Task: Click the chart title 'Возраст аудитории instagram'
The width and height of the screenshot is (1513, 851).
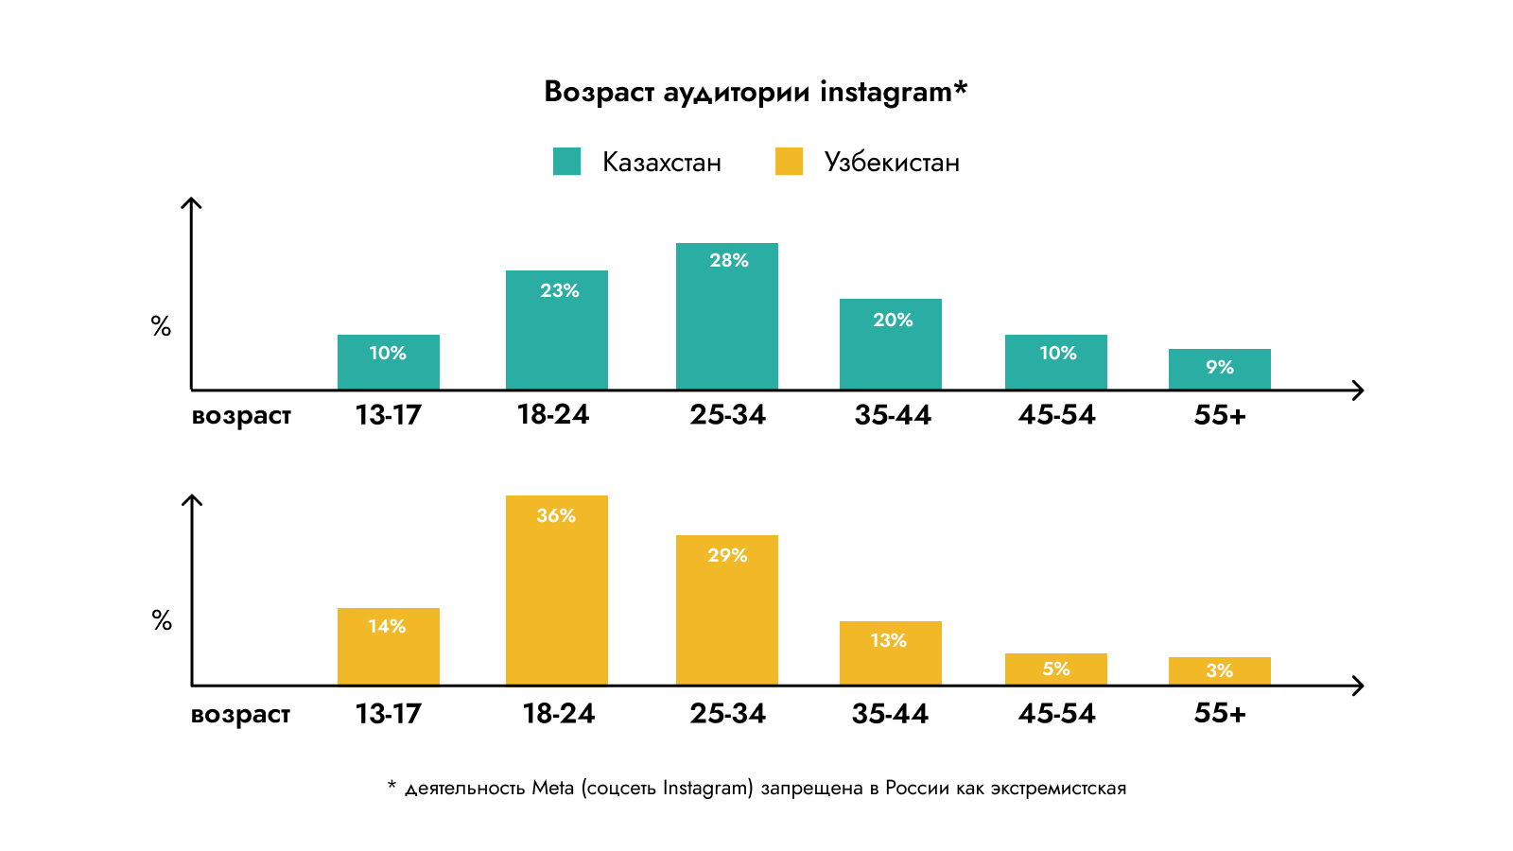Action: coord(756,92)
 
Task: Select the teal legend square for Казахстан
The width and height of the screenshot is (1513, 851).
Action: coord(566,162)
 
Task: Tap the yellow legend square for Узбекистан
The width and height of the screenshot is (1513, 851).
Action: coord(789,162)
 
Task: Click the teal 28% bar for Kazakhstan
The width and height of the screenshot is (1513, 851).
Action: coord(727,317)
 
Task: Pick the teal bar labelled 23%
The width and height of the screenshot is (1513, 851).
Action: coord(557,330)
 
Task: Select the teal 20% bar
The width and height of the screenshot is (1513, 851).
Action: coord(891,344)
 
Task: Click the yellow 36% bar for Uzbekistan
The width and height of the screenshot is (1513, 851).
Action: coord(557,591)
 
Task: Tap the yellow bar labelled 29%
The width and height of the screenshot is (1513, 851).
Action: coord(727,611)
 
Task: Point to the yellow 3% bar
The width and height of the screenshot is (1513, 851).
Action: coord(1220,671)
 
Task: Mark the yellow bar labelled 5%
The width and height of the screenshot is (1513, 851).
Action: coord(1056,669)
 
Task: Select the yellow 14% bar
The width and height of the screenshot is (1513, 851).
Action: coord(389,647)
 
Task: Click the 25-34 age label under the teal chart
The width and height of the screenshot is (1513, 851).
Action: coord(727,415)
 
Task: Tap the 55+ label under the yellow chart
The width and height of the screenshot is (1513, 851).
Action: coord(1220,714)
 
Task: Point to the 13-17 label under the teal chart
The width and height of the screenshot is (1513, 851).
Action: coord(389,415)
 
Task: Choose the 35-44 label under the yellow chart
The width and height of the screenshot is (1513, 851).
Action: coord(890,714)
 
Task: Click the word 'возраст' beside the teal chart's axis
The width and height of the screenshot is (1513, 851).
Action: coord(241,416)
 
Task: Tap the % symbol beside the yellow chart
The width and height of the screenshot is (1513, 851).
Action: coord(162,620)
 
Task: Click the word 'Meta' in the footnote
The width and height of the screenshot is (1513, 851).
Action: coord(552,788)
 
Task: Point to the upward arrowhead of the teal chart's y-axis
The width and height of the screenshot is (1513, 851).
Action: coord(192,202)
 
